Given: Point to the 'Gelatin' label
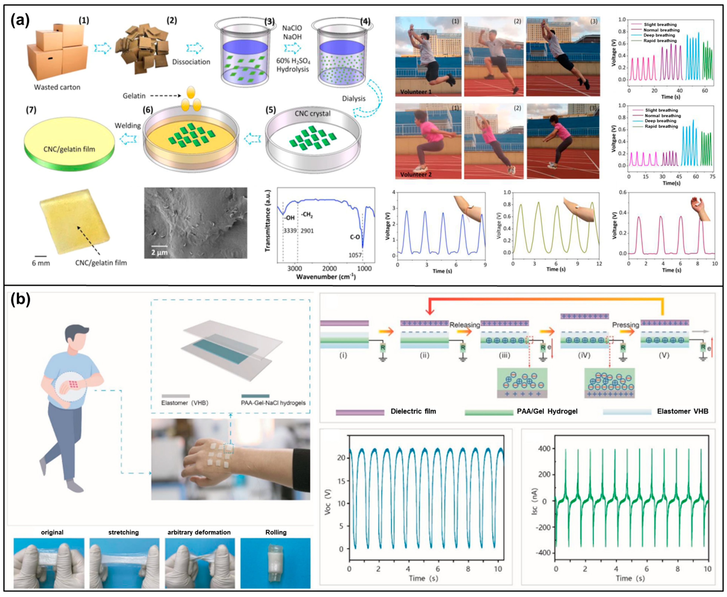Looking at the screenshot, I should click(134, 96).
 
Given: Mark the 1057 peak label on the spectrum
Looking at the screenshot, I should click(355, 255).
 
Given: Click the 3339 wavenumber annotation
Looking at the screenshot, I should click(290, 231).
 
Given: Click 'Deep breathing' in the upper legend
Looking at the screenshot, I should click(659, 35).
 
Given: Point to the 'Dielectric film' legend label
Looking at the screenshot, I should click(413, 411).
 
